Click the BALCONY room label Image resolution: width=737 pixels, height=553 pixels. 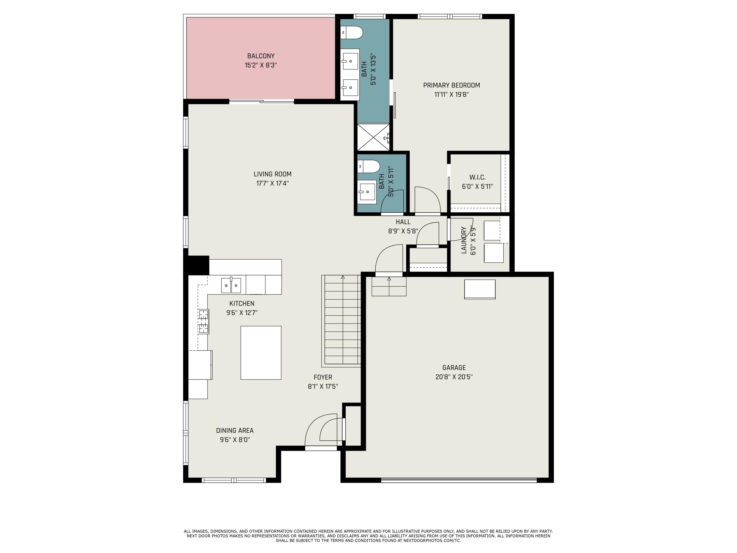click(x=261, y=56)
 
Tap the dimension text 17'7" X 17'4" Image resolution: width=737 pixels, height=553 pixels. click(x=272, y=183)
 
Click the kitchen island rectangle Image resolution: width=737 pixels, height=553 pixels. click(x=261, y=353)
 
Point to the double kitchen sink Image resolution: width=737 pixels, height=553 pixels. click(x=231, y=286)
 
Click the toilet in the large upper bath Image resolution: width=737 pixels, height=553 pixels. click(x=353, y=33)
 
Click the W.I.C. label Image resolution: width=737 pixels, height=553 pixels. click(x=477, y=177)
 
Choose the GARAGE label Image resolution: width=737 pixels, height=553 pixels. click(x=454, y=368)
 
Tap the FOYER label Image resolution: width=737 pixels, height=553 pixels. click(x=323, y=377)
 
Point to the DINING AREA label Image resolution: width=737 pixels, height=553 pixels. click(x=235, y=430)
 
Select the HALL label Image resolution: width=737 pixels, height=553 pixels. click(x=403, y=222)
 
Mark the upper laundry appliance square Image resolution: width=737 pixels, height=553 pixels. click(x=492, y=230)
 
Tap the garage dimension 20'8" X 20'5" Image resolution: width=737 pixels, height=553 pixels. click(x=454, y=377)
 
